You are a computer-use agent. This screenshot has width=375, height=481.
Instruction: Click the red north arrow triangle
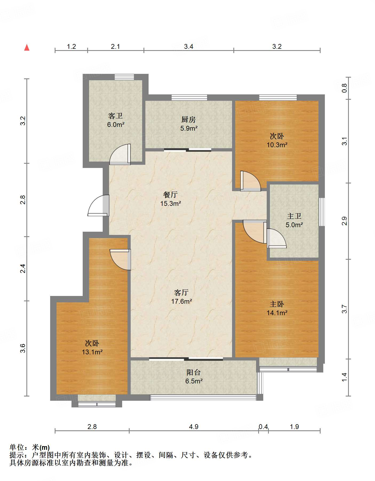tap(27, 48)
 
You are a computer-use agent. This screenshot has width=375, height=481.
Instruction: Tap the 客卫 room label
tap(115, 116)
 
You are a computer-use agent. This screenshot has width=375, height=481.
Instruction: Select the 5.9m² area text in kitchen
tap(189, 128)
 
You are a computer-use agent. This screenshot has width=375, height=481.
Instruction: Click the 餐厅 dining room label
tap(170, 195)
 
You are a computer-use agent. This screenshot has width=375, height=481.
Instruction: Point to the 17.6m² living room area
tap(182, 301)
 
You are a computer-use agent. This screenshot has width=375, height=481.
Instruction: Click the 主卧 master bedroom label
tap(277, 304)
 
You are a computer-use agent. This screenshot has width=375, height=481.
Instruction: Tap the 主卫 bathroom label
tap(294, 216)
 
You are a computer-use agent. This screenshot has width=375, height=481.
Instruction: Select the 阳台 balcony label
tap(194, 372)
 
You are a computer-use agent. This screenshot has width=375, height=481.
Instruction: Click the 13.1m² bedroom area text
tap(92, 352)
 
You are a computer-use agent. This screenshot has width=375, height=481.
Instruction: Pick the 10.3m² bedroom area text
tap(277, 145)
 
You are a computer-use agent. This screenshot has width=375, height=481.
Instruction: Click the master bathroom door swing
tap(276, 239)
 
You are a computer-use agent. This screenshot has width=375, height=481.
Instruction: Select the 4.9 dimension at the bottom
tap(194, 427)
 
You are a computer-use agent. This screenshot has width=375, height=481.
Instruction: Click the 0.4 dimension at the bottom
tap(263, 427)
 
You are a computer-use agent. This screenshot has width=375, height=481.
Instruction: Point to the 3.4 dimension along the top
tap(189, 46)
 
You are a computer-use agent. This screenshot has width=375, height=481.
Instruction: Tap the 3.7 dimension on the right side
tap(345, 309)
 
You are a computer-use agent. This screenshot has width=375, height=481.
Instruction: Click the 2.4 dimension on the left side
tap(23, 268)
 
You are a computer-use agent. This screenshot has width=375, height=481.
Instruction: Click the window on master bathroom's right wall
tap(322, 212)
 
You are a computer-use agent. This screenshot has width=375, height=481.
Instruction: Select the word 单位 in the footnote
tap(17, 447)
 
